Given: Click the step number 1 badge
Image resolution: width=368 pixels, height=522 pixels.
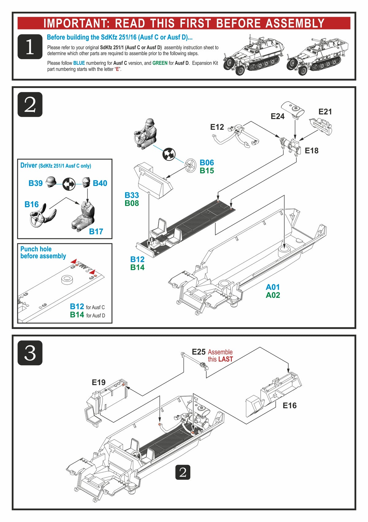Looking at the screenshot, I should click(x=30, y=47).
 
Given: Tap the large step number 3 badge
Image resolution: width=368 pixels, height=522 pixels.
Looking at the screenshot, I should click(x=30, y=353).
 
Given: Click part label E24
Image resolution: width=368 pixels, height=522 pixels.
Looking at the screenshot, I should click(x=277, y=116).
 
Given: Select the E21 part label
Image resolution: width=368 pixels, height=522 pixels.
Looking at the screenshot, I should click(x=325, y=112).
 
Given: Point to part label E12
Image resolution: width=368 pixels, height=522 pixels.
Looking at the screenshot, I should click(x=217, y=127).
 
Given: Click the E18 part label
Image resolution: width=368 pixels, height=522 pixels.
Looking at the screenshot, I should click(x=311, y=151).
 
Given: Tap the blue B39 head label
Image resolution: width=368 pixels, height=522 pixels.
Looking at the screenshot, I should click(x=35, y=183).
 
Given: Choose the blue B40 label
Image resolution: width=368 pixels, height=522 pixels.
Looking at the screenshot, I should click(x=100, y=183).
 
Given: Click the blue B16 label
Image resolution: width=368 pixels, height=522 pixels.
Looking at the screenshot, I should click(x=32, y=205).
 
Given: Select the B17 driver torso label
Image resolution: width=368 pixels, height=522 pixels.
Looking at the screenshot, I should click(x=96, y=232).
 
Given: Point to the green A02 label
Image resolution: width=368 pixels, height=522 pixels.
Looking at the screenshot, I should click(x=273, y=295).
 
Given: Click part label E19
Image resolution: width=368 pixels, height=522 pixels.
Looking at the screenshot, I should click(x=98, y=382).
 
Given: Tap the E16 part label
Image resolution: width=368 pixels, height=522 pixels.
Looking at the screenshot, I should click(x=289, y=405).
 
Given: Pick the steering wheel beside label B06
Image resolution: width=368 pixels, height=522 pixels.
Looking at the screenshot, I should click(x=191, y=165).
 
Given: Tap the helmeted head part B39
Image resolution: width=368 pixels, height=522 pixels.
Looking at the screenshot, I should click(x=50, y=182).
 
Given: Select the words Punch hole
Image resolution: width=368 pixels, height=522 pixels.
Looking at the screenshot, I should click(x=36, y=249).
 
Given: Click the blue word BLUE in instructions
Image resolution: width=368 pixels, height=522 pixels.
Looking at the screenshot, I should click(x=79, y=63).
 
